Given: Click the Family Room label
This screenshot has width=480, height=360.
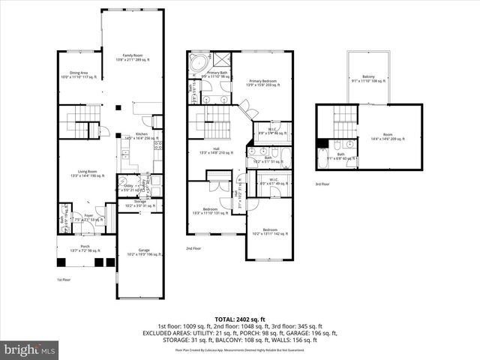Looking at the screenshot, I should [133, 58].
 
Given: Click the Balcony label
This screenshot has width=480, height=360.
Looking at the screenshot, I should [368, 79].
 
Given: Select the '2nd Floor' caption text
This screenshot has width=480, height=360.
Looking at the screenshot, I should [194, 248].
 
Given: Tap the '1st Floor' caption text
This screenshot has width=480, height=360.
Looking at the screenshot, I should [64, 280].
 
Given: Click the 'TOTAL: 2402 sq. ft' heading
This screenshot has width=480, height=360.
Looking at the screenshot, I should [240, 319].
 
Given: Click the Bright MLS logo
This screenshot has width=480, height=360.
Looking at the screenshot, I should [30, 349].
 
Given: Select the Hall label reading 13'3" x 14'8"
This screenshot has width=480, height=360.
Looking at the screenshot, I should [216, 151].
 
